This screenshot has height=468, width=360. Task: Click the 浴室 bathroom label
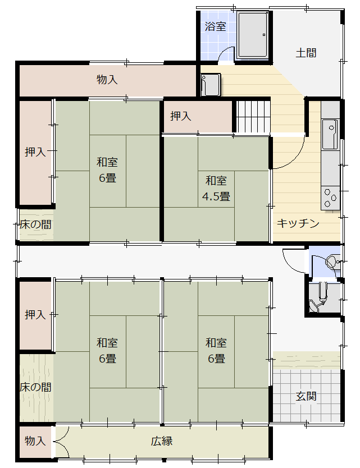tap(215, 26)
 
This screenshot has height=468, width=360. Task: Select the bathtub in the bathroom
tap(253, 35)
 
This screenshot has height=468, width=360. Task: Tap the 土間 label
tap(306, 53)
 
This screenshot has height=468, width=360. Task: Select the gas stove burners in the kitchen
tap(331, 198)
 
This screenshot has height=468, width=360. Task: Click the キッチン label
tap(298, 223)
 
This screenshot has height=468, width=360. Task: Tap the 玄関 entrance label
tap(306, 396)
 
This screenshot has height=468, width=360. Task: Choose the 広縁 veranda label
tap(162, 441)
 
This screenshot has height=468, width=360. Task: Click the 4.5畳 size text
tap(216, 196)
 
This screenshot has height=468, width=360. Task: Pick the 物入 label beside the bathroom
tap(107, 79)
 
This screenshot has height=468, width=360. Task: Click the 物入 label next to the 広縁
tap(35, 441)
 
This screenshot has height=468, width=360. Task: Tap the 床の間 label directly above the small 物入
tap(35, 387)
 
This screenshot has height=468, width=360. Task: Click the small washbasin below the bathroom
tap(210, 85)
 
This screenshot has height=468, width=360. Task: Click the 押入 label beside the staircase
tap(181, 116)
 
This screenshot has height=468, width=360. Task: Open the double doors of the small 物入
tap(61, 442)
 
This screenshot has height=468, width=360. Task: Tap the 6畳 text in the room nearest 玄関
tap(216, 358)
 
